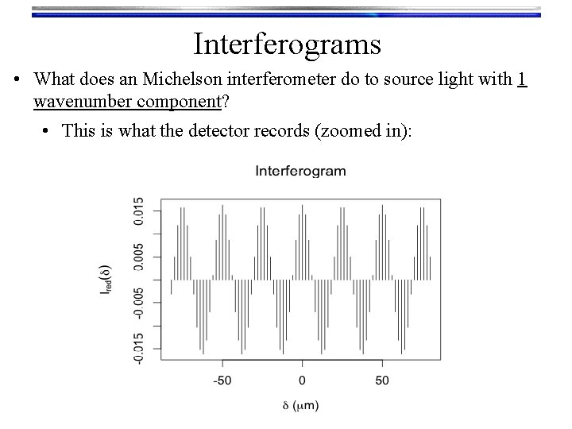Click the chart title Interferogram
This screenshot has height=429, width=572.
(x=300, y=170)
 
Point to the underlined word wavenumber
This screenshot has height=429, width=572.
(x=85, y=102)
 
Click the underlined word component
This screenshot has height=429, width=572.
(x=178, y=102)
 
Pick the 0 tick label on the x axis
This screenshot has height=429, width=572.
(x=302, y=379)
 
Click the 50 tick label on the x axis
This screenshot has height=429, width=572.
(x=382, y=379)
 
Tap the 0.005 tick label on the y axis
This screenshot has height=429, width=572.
(x=139, y=257)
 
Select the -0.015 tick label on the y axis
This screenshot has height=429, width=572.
(x=139, y=349)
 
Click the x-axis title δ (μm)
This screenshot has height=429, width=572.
(x=300, y=406)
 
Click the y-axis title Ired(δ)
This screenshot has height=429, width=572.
(x=106, y=280)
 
